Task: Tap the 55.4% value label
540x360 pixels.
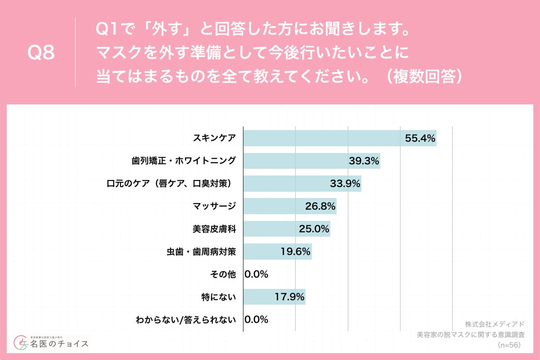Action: tap(420, 139)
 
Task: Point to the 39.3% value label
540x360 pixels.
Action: tap(364, 161)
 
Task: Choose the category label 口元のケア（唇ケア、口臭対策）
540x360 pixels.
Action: tap(171, 184)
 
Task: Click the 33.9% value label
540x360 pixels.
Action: tap(345, 184)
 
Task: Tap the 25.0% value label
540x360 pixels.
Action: tap(314, 229)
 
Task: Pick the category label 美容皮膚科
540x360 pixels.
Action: tap(214, 229)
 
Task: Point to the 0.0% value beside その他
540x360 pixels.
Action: tap(256, 274)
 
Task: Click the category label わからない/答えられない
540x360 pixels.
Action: tap(186, 320)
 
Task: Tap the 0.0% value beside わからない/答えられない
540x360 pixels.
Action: tap(256, 319)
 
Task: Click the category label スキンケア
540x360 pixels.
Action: tap(214, 139)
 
